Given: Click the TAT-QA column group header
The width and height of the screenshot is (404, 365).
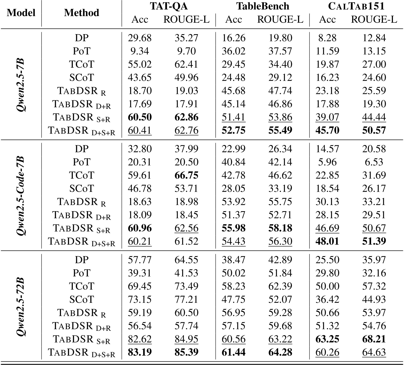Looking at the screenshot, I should [169, 6].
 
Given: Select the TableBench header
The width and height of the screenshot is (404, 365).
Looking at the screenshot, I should [263, 6].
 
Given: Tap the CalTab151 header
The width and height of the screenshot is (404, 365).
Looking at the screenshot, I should [356, 6].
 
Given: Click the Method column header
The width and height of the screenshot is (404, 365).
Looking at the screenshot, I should [82, 13].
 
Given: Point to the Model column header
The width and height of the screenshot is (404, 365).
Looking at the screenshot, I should [21, 13].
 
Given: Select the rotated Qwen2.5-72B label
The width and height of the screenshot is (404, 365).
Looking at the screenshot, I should [21, 306].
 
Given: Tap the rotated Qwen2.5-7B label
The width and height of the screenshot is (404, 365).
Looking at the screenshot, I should [21, 84].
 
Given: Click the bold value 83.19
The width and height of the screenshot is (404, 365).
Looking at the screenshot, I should [140, 352].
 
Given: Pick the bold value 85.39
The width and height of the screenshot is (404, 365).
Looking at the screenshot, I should [186, 352].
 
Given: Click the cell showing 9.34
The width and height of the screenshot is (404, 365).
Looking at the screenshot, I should [140, 51].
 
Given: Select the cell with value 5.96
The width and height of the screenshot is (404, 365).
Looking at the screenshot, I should [327, 162].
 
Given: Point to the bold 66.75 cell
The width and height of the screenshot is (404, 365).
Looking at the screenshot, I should [186, 175].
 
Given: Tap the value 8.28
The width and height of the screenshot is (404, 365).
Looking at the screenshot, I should [327, 38].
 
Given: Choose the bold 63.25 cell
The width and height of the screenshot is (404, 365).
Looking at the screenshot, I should [327, 339].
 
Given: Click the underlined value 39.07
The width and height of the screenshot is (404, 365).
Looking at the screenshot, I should [327, 117].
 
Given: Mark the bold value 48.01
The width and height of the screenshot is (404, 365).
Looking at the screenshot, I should [327, 241].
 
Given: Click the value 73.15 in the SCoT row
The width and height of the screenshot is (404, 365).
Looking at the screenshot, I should [140, 299].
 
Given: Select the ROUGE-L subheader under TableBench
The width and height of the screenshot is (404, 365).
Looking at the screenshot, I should [280, 20].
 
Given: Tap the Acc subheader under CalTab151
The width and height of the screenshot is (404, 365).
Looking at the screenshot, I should [327, 20].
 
